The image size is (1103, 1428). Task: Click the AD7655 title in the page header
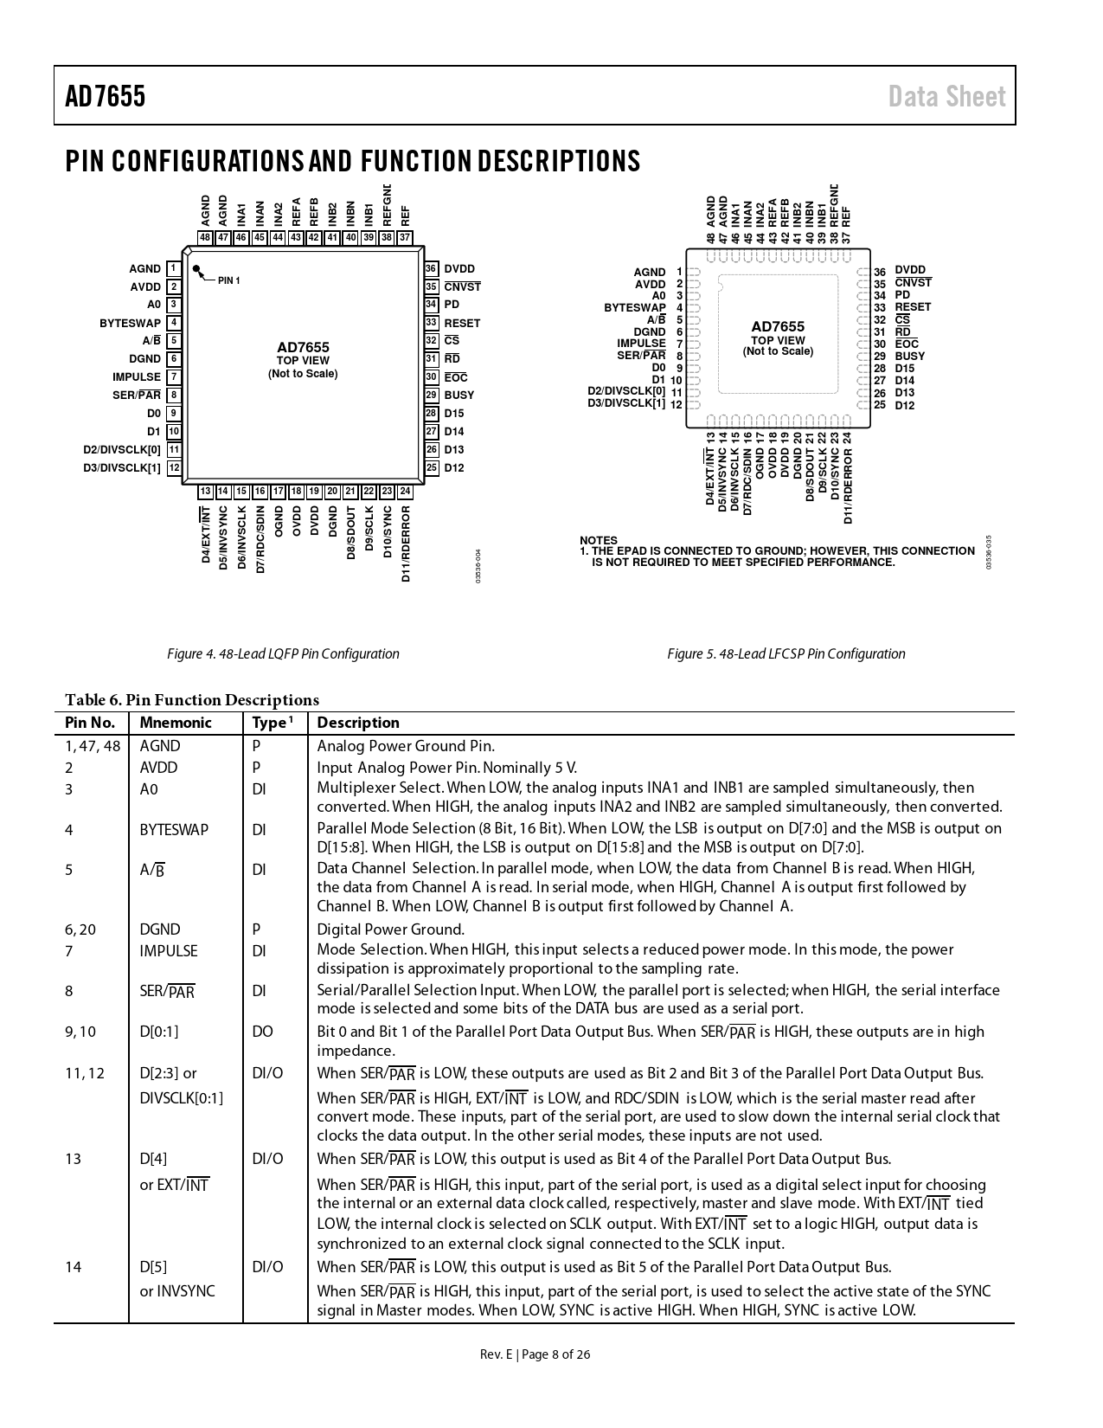[106, 96]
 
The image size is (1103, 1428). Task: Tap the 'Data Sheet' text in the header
[946, 96]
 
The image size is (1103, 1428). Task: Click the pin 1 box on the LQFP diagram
[174, 269]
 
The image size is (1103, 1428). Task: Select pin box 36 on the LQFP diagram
[431, 269]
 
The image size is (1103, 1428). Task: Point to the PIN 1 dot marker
[197, 269]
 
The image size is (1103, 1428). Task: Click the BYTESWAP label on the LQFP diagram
[130, 324]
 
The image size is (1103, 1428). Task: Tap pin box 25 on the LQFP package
[431, 468]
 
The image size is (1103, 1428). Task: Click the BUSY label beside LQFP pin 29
[459, 396]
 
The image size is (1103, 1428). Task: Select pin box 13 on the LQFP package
[205, 492]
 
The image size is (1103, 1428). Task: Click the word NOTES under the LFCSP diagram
[599, 540]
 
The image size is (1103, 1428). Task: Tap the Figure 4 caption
[283, 654]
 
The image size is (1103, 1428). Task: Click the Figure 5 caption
[786, 654]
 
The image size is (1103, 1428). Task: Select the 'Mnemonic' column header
[176, 724]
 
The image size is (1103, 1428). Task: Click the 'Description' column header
[358, 724]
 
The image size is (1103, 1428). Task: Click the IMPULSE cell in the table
[169, 951]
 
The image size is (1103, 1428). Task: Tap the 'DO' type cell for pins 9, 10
[262, 1032]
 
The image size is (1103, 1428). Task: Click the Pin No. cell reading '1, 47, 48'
[93, 746]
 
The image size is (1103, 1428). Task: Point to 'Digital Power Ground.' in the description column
[390, 929]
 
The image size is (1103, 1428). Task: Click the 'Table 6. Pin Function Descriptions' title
[192, 700]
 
